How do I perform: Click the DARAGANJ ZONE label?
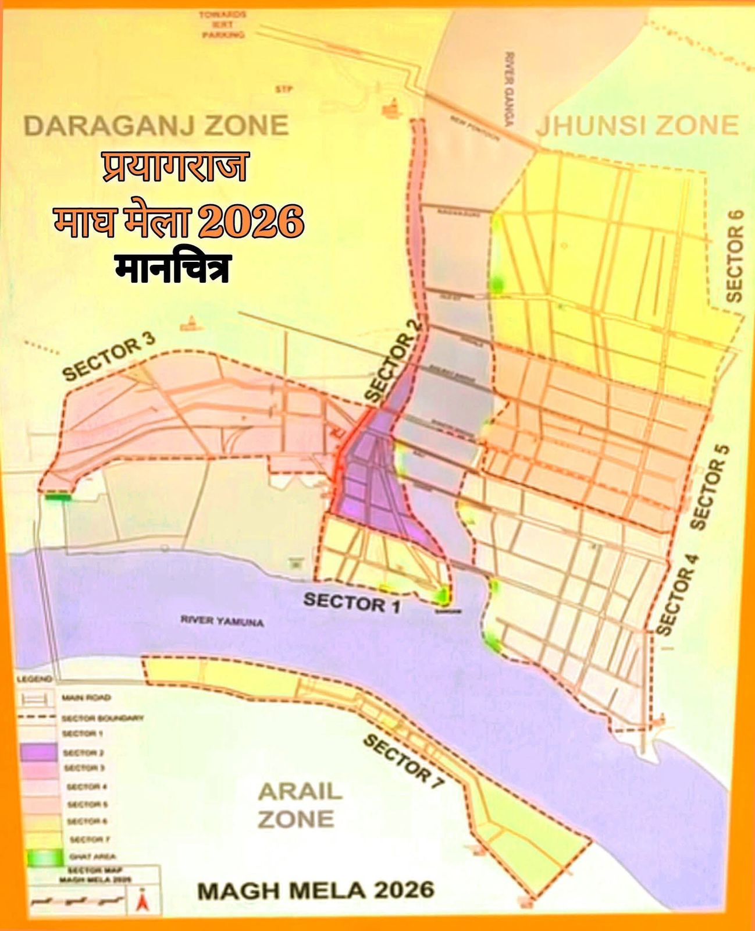[x=156, y=126]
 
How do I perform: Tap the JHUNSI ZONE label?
[x=637, y=126]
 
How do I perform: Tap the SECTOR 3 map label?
[x=109, y=358]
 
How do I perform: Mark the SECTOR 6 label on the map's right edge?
[x=735, y=255]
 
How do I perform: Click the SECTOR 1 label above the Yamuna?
[x=352, y=602]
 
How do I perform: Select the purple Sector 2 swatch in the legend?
[x=40, y=752]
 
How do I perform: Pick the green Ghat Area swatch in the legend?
[x=40, y=857]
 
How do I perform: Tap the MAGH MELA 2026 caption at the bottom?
[x=316, y=891]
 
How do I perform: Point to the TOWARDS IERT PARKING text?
[x=223, y=24]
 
